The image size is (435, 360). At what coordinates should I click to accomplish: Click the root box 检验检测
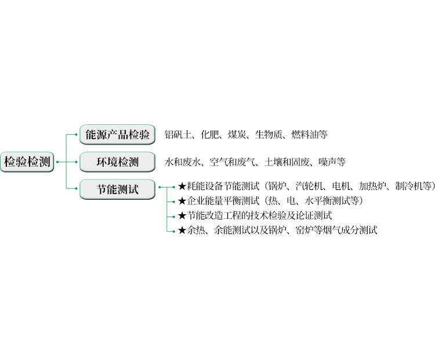pos(27,162)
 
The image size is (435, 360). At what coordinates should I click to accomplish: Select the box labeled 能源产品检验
pos(117,135)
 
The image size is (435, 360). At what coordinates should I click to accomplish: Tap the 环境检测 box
pos(117,162)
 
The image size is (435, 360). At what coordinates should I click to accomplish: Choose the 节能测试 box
pos(117,189)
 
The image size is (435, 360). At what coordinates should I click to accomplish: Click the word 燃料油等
pos(309,135)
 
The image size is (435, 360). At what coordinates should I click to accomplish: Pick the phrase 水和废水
pos(182,162)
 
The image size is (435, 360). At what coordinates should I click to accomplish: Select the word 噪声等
pos(332,162)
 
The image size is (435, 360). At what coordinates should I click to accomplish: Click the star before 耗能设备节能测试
pos(182,186)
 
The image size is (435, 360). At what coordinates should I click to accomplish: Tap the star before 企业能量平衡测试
pos(182,201)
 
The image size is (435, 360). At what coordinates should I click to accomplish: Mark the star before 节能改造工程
pos(182,215)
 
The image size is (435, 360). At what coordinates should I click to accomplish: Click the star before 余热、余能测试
pos(182,231)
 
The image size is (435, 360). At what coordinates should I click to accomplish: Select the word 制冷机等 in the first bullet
pos(414,186)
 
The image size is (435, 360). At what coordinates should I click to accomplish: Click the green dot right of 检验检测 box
pos(57,162)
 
